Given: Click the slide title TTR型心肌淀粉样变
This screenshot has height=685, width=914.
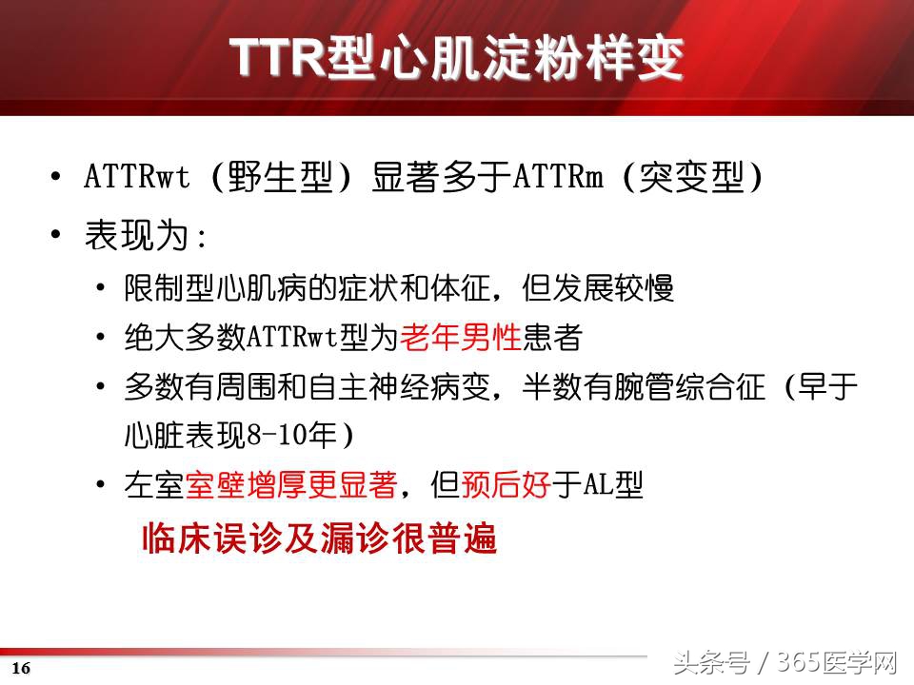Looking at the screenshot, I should tap(457, 59).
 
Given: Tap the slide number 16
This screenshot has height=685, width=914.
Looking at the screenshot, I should tap(21, 668).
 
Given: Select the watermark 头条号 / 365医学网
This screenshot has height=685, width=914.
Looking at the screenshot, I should tap(785, 662).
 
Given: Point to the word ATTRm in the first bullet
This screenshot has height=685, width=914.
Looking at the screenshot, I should tap(559, 178).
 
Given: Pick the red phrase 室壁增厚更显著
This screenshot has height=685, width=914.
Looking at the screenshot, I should tap(289, 486).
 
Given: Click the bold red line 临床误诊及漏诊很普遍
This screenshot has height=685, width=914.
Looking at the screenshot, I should tap(319, 539).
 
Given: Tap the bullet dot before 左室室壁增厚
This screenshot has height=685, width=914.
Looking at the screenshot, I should tap(101, 486).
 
